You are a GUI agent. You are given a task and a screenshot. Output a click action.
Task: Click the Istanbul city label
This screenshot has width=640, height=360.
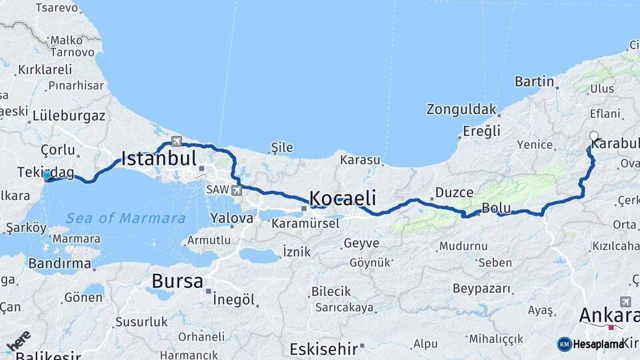tap(159, 159)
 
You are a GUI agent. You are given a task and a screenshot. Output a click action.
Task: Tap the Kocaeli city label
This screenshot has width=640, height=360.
tap(343, 198)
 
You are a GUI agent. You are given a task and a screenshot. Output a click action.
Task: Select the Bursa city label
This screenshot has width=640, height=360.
tap(177, 281)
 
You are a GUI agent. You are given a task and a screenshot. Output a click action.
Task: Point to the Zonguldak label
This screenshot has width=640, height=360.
tap(462, 109)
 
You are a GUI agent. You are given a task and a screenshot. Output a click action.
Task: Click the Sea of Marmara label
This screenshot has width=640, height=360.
tap(125, 218)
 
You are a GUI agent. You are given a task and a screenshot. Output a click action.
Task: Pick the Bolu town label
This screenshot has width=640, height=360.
tap(496, 207)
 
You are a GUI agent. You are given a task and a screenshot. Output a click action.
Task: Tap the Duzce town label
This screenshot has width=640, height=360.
tap(454, 193)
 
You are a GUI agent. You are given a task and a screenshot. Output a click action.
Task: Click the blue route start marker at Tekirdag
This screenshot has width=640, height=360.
tap(47, 175)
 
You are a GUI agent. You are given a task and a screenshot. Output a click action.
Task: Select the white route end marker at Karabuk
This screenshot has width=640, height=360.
tap(593, 136)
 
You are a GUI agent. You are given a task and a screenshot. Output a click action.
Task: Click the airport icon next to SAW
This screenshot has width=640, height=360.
tap(237, 191)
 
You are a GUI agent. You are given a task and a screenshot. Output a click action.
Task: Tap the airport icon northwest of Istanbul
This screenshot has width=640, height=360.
tap(176, 141)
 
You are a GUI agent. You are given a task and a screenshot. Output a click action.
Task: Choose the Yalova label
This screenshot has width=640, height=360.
tap(231, 218)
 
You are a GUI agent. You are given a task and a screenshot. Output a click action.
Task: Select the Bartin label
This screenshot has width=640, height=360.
tap(534, 81)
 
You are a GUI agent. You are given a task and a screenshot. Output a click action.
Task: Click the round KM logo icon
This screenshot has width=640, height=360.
tap(564, 344)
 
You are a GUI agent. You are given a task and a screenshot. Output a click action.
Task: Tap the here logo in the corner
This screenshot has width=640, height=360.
tap(19, 342)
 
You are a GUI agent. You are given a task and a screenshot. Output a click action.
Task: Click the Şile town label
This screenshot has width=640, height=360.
tap(282, 147)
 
